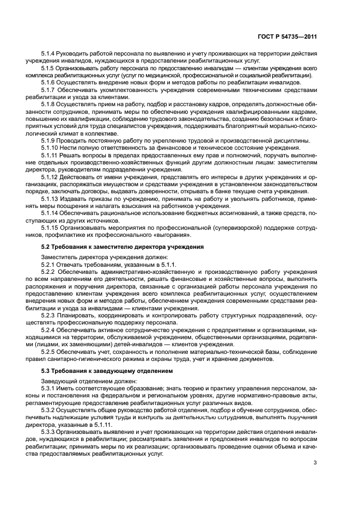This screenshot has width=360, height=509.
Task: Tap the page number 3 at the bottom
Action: click(315, 463)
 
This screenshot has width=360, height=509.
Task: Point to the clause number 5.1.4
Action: click(49, 54)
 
